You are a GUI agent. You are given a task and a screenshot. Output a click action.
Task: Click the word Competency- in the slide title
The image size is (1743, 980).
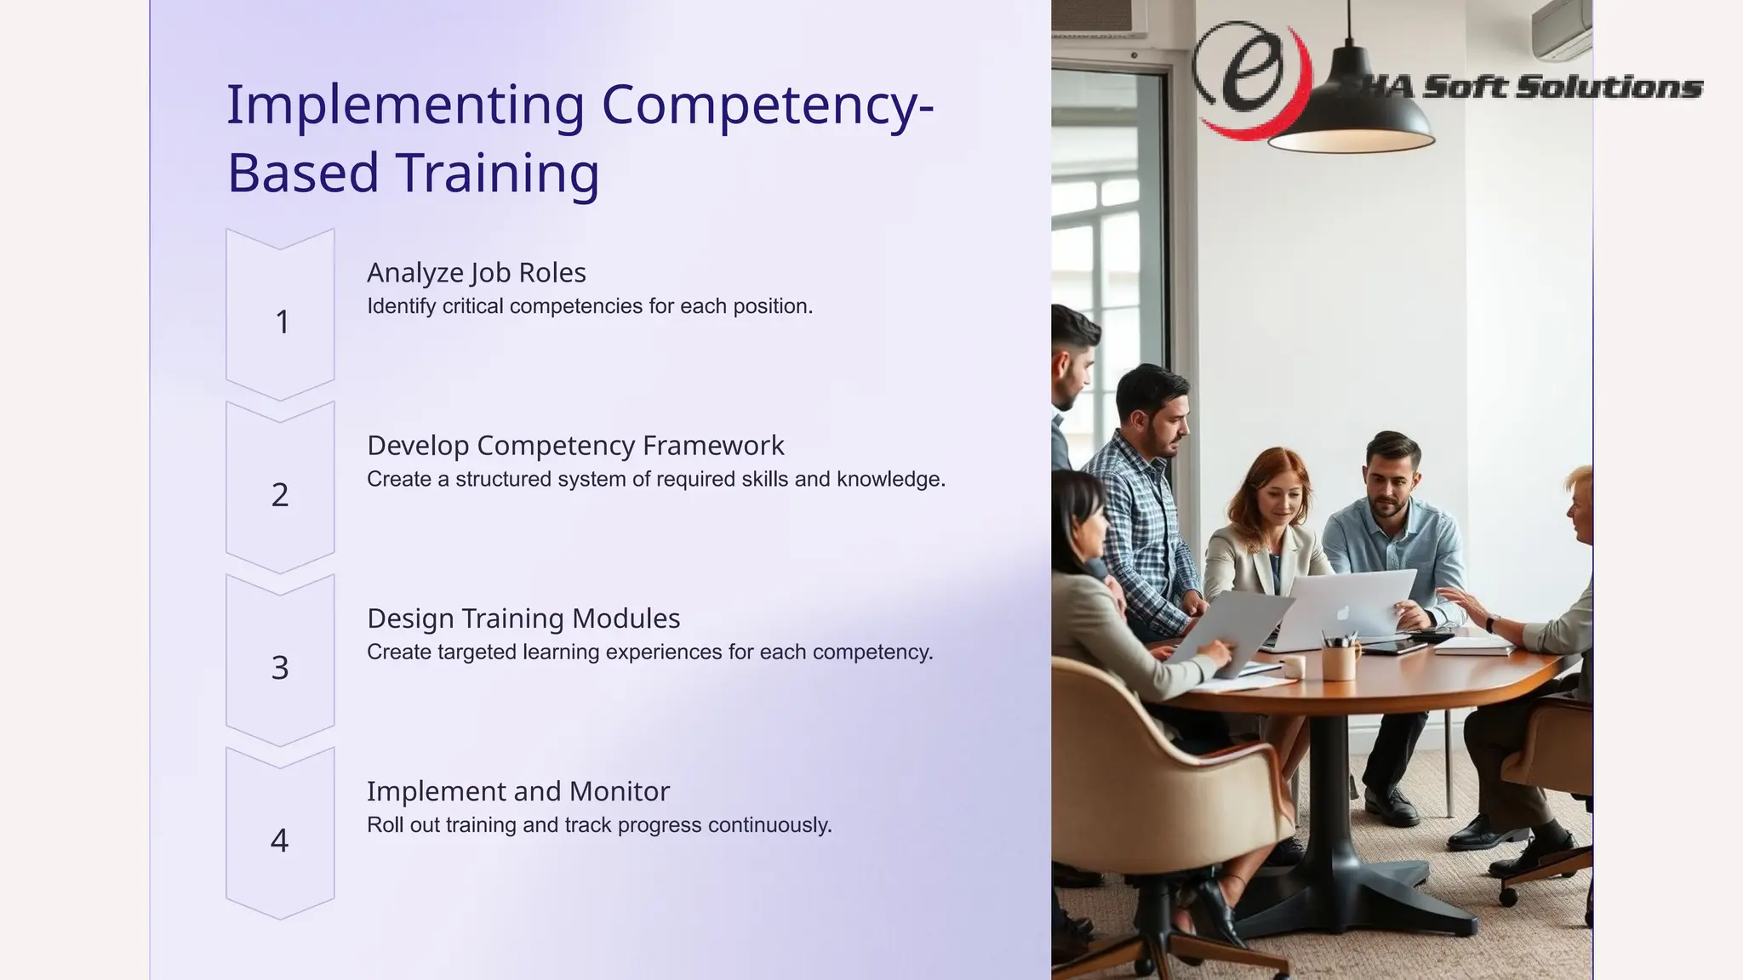point(768,106)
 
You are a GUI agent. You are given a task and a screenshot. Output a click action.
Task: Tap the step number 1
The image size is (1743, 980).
point(282,322)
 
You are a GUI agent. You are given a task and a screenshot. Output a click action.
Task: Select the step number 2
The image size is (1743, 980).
point(280,495)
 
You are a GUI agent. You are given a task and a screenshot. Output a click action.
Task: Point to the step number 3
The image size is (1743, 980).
point(280,668)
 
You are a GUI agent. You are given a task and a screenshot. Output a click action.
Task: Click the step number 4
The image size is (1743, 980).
point(279,840)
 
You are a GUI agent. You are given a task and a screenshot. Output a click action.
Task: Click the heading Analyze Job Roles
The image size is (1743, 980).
point(476,273)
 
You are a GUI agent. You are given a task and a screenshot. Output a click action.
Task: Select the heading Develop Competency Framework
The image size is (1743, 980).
point(575,446)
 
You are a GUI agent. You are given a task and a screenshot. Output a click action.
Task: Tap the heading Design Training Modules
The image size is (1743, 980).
point(523,618)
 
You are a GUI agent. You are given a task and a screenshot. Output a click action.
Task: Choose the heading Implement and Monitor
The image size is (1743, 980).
point(517,791)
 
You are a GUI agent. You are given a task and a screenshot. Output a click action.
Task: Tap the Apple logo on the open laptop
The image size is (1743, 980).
point(1343,613)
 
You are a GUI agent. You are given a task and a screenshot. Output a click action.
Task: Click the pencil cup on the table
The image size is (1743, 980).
point(1340,659)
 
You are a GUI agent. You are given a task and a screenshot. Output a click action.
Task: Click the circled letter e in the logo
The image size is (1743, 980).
point(1249,72)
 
